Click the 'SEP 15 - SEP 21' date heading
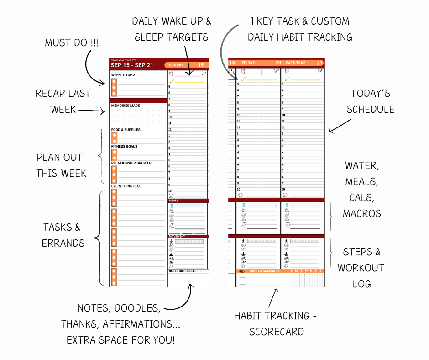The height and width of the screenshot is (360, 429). pyautogui.click(x=132, y=65)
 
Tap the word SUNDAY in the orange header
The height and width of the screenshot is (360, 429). pyautogui.click(x=176, y=65)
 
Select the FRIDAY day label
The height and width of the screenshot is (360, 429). pyautogui.click(x=248, y=63)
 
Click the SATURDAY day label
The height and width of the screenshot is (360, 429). pyautogui.click(x=296, y=63)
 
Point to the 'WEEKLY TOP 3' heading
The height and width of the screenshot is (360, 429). pyautogui.click(x=123, y=75)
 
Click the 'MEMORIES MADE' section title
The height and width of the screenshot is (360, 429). pyautogui.click(x=126, y=106)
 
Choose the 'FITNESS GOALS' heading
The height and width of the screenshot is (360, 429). pyautogui.click(x=124, y=146)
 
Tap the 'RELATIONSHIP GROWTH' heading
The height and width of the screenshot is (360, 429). pyautogui.click(x=131, y=163)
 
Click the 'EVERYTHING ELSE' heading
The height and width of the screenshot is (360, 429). pyautogui.click(x=126, y=186)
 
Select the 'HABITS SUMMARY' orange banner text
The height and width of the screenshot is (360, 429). pyautogui.click(x=265, y=271)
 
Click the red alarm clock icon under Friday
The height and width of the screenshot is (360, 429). pyautogui.click(x=242, y=71)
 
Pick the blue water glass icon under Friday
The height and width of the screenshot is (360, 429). pyautogui.click(x=243, y=205)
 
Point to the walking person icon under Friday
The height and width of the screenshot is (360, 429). pyautogui.click(x=243, y=241)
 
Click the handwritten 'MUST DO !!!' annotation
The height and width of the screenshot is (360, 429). pyautogui.click(x=72, y=43)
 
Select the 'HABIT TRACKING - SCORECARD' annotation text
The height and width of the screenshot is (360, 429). pyautogui.click(x=275, y=323)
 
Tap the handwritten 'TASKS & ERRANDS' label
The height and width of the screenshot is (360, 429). pyautogui.click(x=63, y=235)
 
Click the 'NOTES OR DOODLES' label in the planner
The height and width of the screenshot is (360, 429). pyautogui.click(x=185, y=271)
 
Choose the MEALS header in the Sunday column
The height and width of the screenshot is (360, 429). pyautogui.click(x=174, y=201)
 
